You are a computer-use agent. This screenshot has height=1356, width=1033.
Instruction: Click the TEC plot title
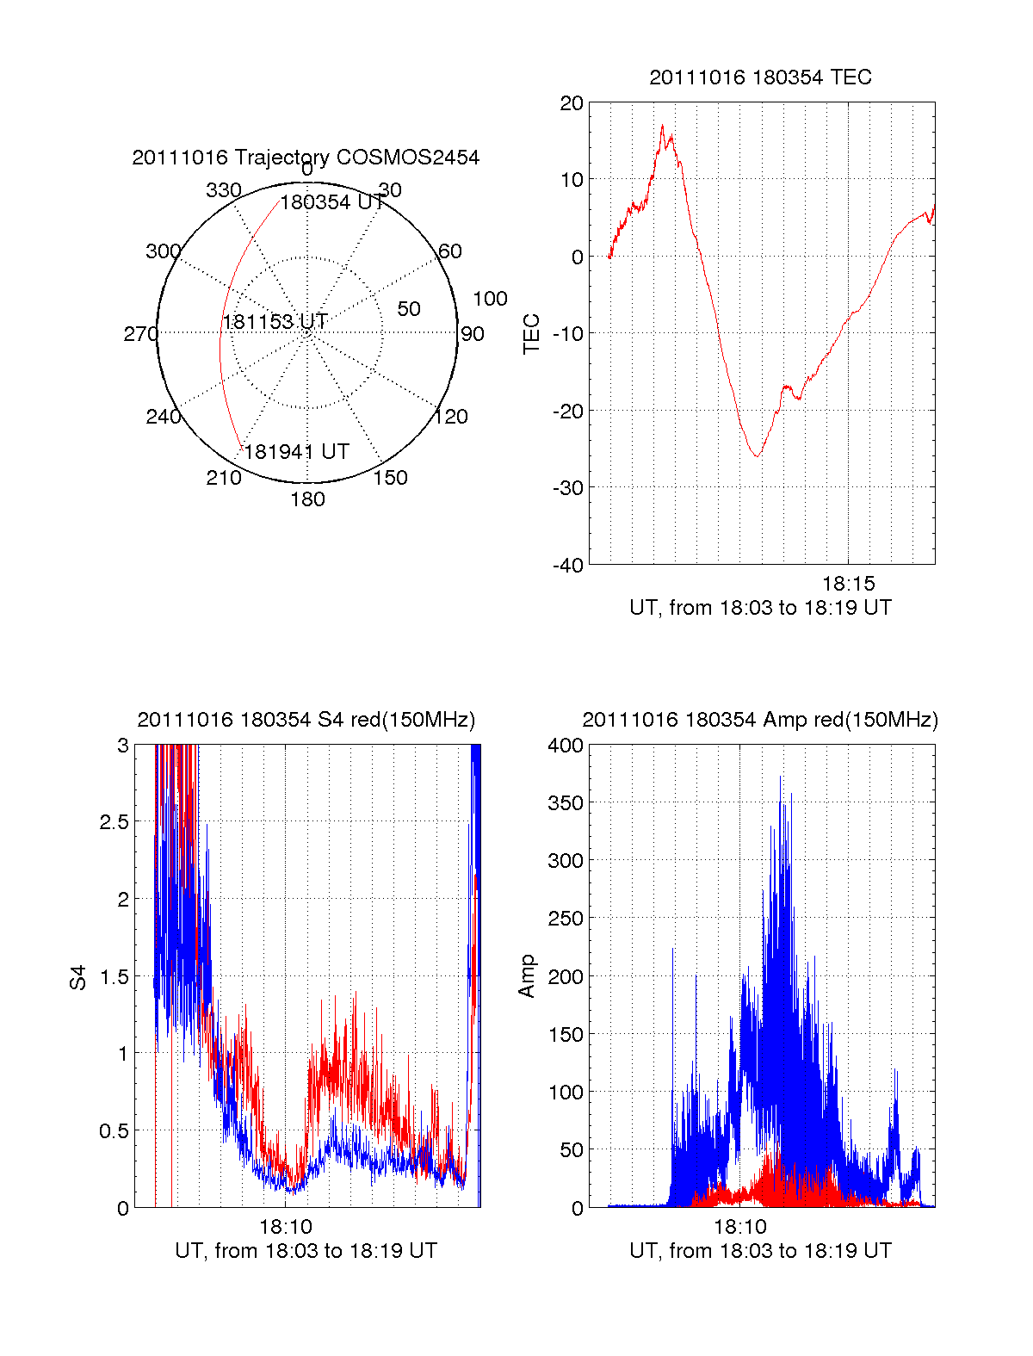pos(760,77)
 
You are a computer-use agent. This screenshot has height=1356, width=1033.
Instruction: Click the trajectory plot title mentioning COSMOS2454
pos(306,158)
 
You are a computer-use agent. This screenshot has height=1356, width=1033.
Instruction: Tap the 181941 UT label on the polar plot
pos(297,452)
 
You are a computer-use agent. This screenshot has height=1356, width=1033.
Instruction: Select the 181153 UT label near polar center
pos(275,322)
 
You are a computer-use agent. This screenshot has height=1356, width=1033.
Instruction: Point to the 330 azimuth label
pos(223,190)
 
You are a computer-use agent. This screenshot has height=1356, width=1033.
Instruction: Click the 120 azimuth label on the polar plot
pos(451,418)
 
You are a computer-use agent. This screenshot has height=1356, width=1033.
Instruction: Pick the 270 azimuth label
pos(140,334)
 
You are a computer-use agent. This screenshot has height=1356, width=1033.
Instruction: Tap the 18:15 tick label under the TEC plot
pos(848,584)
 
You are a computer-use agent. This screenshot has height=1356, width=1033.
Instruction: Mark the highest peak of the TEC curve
pos(662,126)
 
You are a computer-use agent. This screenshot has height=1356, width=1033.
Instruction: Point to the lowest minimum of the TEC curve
pos(757,455)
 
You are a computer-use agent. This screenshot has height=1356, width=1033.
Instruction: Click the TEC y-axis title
pos(532,334)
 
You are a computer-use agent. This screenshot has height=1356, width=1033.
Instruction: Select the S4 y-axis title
pos(78,977)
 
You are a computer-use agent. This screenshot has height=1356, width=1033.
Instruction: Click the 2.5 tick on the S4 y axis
pos(114,822)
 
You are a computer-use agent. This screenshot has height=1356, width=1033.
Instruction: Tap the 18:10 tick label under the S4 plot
pos(286,1226)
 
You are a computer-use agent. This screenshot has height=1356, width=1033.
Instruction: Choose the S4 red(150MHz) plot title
pos(306,720)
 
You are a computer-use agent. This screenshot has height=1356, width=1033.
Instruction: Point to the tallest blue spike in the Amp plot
pos(780,777)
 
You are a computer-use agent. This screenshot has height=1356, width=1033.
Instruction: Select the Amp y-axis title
pos(527,975)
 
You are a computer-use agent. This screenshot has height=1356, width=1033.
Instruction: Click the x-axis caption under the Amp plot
pos(760,1251)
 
